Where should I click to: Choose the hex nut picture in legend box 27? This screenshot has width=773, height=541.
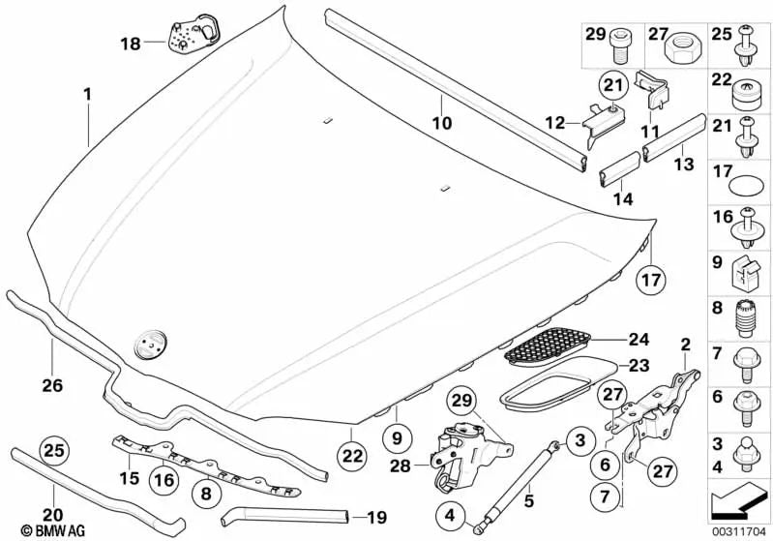coord(688,45)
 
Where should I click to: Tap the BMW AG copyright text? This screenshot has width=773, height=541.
coord(34,530)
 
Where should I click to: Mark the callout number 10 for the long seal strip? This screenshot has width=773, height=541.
coord(441,124)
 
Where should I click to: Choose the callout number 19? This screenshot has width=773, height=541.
coord(376,517)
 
